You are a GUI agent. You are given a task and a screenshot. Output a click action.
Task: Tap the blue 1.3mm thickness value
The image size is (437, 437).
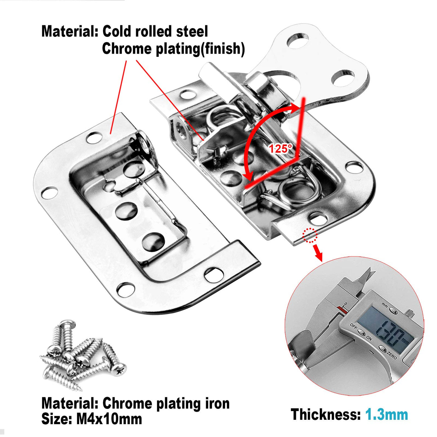[x=386, y=415]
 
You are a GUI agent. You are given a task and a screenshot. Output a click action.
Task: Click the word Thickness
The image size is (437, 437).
[x=325, y=415]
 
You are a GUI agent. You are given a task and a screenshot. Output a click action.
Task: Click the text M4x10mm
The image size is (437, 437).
[x=109, y=419]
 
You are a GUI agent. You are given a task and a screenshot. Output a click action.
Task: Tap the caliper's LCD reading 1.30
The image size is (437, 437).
[x=390, y=331]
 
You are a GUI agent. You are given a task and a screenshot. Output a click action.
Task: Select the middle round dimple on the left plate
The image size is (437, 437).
[x=126, y=211]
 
